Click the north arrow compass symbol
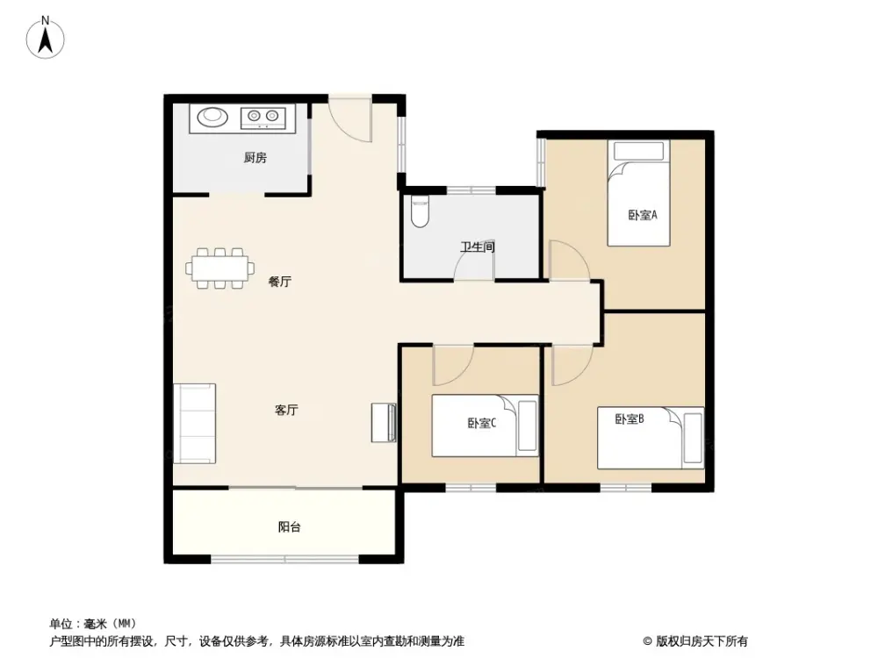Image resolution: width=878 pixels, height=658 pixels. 46,38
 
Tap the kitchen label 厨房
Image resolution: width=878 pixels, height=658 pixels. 255,158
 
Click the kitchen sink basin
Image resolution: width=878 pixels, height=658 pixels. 212,117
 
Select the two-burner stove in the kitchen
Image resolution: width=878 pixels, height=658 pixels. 263,117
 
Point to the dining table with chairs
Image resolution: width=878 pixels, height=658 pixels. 220,268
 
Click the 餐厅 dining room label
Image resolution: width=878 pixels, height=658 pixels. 279,282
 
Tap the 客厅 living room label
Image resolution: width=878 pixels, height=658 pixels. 286,410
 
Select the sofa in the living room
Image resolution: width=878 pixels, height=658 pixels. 194,424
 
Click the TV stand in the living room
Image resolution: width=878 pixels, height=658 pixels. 384,423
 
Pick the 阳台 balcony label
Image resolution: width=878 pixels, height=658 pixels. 290,526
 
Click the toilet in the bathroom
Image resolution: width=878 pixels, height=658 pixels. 420,211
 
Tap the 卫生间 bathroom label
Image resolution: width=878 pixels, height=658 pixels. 478,247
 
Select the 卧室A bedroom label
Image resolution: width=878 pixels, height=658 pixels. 643,215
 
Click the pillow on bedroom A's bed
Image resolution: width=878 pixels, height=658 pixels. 639,151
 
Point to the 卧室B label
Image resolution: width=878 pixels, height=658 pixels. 630,418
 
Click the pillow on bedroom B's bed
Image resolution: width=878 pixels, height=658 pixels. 693,438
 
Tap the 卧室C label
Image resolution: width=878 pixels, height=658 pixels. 481,423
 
